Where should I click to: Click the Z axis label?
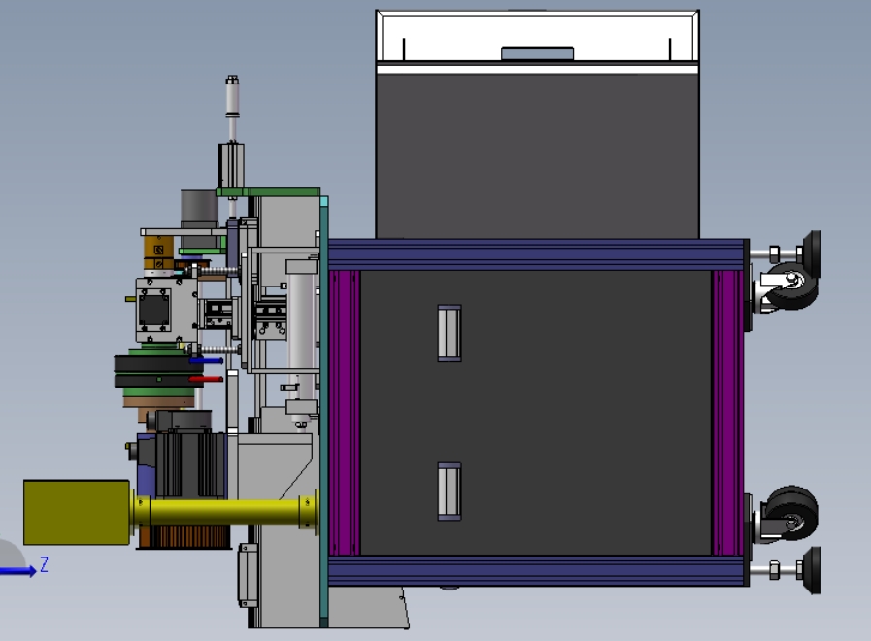tap(44, 564)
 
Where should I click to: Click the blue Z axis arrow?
tap(18, 570)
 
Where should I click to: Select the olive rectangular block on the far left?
tap(77, 512)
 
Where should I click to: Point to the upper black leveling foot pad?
tap(812, 254)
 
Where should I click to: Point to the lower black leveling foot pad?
tap(812, 570)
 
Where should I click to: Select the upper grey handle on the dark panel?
tap(450, 333)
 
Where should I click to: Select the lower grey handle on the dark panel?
tap(450, 491)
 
